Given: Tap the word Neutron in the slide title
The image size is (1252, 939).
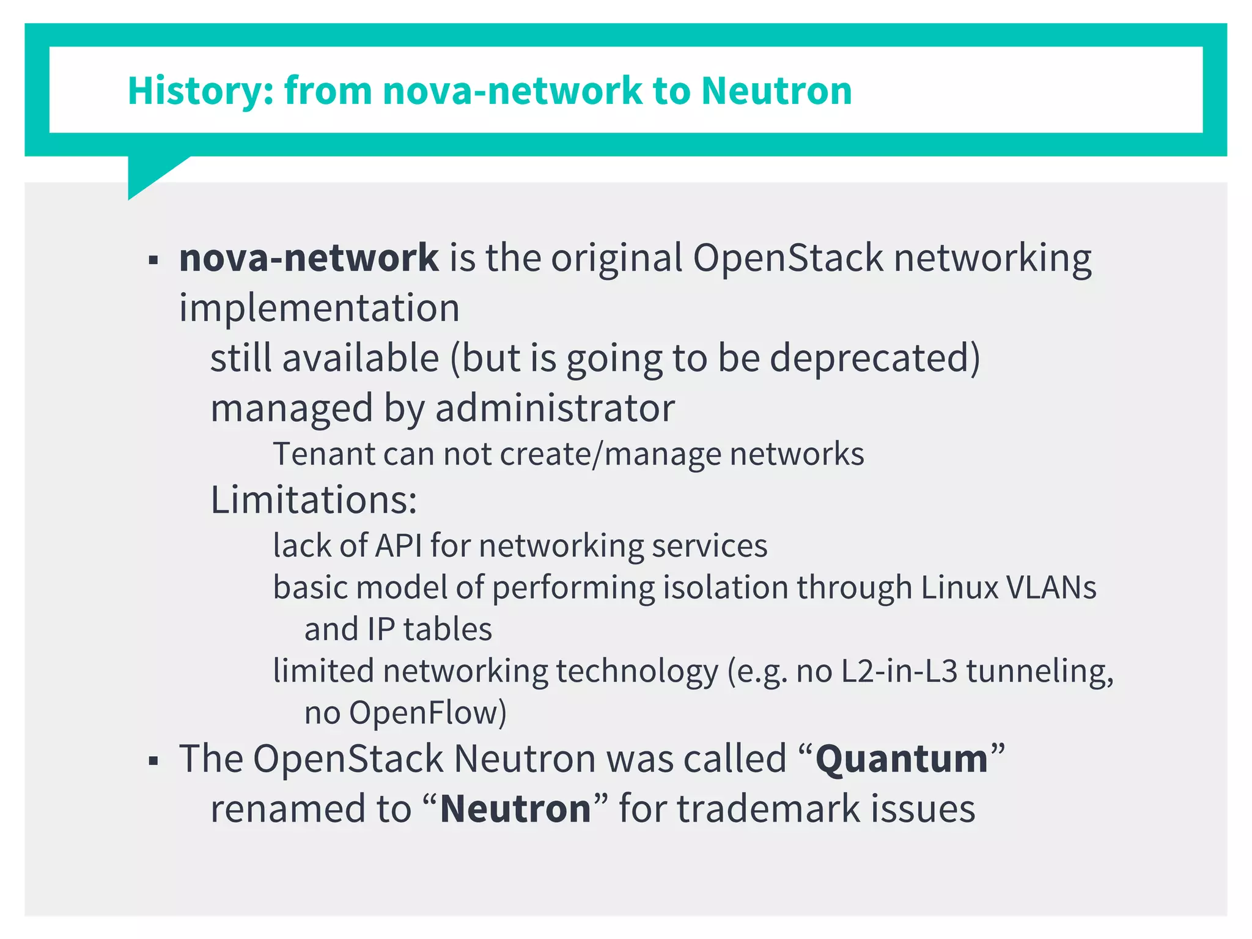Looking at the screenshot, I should point(776,91).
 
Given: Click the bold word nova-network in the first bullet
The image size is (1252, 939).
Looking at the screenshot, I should point(309,257).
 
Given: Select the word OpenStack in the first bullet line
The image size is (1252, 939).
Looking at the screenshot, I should point(787,257).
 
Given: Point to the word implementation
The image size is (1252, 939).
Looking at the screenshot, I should point(319,307).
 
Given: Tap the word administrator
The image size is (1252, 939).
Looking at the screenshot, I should point(555,408).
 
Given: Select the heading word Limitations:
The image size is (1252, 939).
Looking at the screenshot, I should point(314,499).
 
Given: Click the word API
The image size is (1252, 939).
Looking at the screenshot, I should point(398,545).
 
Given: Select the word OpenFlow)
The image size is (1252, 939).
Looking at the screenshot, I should point(427,713).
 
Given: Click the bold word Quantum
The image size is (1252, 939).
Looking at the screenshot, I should point(902,759).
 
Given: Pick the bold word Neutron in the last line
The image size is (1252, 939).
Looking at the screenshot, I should point(515,809).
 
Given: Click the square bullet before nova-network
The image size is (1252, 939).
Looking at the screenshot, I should point(153,260).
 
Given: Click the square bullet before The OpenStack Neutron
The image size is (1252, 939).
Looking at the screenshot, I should point(153,762).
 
